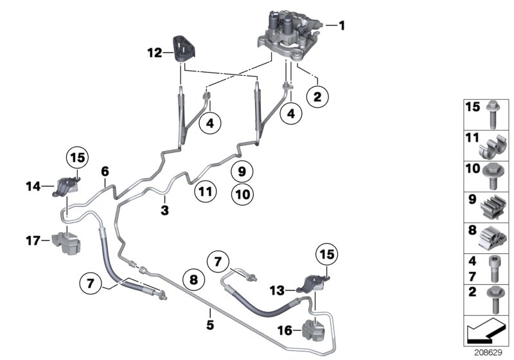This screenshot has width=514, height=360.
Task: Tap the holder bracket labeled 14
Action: [67, 186]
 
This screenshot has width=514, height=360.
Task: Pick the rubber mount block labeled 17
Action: [67, 242]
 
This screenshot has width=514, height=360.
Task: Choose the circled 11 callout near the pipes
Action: [203, 191]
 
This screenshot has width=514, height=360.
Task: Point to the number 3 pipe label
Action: [164, 209]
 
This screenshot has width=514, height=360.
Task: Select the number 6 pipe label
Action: [105, 171]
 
